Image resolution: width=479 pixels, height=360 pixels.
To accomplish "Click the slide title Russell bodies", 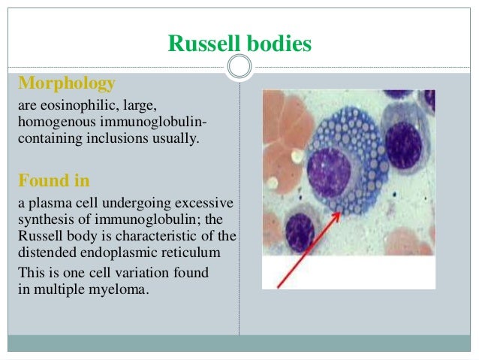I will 239,44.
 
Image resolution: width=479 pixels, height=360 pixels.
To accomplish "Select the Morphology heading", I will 66,83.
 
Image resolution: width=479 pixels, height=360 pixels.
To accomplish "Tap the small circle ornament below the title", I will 239,68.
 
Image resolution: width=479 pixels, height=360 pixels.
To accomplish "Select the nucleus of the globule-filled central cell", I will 330,171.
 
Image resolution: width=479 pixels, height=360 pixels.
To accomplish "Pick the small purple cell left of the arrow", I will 300,231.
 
